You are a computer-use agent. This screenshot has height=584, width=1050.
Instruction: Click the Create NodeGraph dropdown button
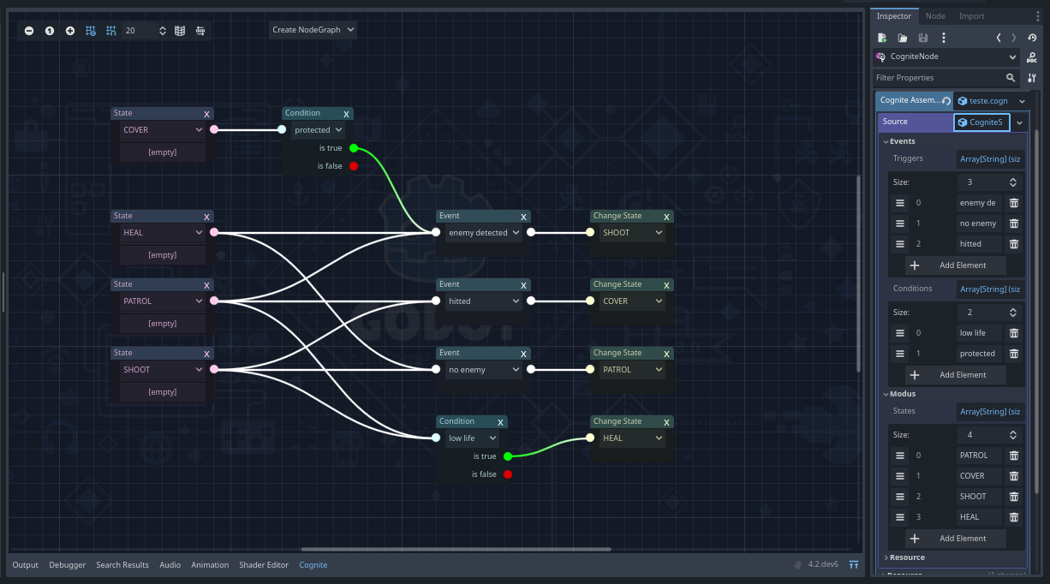(313, 30)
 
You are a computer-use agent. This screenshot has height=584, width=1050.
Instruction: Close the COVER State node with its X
(206, 114)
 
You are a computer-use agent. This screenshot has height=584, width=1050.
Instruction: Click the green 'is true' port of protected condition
(353, 148)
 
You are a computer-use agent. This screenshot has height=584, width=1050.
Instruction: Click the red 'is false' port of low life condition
(508, 474)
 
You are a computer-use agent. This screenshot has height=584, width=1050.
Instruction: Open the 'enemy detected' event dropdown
(484, 233)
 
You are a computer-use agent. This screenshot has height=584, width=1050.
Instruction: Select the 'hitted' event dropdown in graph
(484, 301)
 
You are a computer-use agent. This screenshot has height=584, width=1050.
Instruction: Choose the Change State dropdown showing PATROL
(631, 370)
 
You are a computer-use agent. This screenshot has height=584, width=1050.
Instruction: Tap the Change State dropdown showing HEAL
(631, 438)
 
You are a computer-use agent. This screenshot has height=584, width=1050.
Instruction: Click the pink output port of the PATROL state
(214, 301)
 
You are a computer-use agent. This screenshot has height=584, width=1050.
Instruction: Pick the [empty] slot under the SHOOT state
(163, 392)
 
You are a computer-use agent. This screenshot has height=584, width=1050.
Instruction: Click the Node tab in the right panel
(935, 16)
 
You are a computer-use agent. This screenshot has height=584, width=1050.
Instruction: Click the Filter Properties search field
(938, 78)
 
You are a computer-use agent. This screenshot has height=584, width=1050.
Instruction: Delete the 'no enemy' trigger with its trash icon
(1014, 223)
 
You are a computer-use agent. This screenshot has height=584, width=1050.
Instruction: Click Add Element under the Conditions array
(955, 375)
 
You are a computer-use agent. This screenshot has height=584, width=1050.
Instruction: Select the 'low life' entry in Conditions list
(977, 333)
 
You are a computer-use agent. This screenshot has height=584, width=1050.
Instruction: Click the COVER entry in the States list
(977, 476)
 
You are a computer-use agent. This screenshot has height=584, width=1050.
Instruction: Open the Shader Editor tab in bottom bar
(264, 565)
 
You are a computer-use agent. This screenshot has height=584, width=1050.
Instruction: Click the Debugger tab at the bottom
(68, 565)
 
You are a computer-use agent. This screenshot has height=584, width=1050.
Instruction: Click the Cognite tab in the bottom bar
(313, 565)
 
